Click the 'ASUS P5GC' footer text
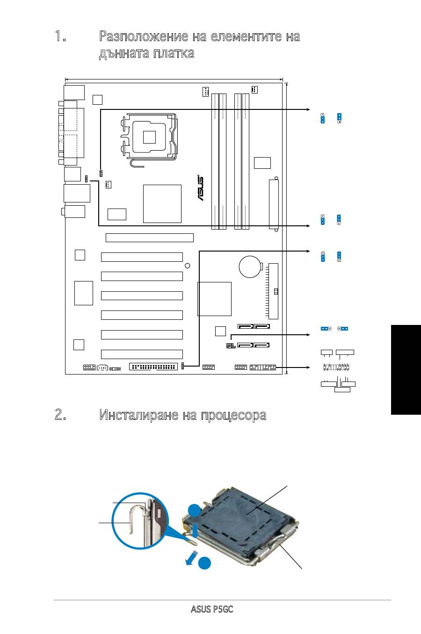point(212,610)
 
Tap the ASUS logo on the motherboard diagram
point(200,188)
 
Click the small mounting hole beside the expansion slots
point(188,266)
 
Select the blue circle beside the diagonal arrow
point(204,564)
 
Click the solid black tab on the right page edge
point(405,369)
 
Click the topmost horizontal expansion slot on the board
point(150,238)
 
